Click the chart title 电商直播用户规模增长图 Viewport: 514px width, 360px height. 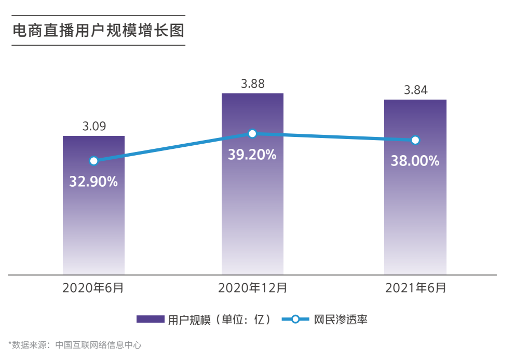click(x=98, y=31)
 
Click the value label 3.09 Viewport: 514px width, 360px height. click(x=94, y=126)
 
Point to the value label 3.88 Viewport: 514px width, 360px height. click(x=252, y=84)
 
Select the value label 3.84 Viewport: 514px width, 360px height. click(x=415, y=90)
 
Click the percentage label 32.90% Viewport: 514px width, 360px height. click(x=93, y=182)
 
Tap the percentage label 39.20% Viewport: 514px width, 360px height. click(x=252, y=154)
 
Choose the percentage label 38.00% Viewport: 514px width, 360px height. click(x=415, y=161)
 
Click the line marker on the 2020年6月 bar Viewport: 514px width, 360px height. click(x=93, y=161)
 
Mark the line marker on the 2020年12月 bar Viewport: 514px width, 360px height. click(x=252, y=134)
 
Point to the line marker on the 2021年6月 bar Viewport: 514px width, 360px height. click(x=415, y=140)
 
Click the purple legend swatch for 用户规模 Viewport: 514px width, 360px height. click(x=150, y=319)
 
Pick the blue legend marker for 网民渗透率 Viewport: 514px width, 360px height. click(x=295, y=319)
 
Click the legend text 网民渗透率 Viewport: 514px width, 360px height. click(x=341, y=319)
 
